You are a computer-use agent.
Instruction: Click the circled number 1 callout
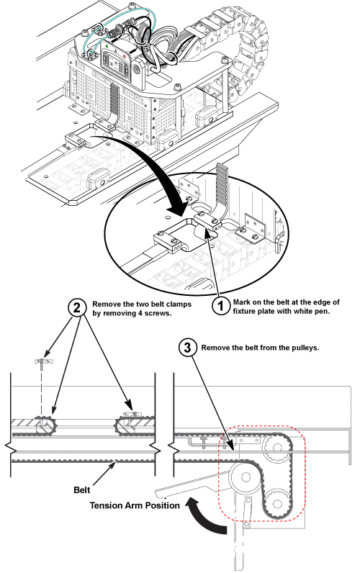click(x=221, y=307)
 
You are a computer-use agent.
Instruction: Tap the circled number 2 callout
click(x=77, y=308)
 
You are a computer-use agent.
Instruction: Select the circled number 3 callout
click(x=187, y=348)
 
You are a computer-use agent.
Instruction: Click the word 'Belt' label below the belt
click(x=81, y=490)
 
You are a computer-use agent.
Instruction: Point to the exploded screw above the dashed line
click(x=42, y=363)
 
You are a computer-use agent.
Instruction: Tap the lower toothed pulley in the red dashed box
click(x=276, y=505)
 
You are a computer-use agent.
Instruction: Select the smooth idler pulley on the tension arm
click(x=246, y=477)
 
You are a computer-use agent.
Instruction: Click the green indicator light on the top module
click(x=107, y=47)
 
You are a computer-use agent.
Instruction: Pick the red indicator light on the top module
click(x=125, y=56)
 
